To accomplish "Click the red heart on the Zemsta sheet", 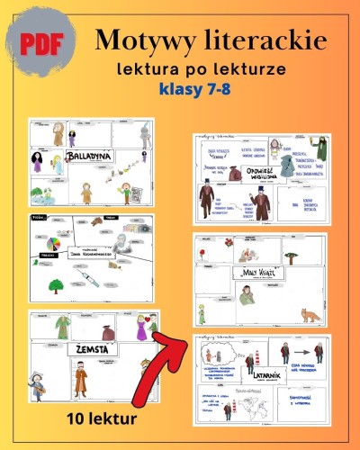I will tap(128, 317).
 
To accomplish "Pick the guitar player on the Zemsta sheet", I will tap(39, 385).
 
